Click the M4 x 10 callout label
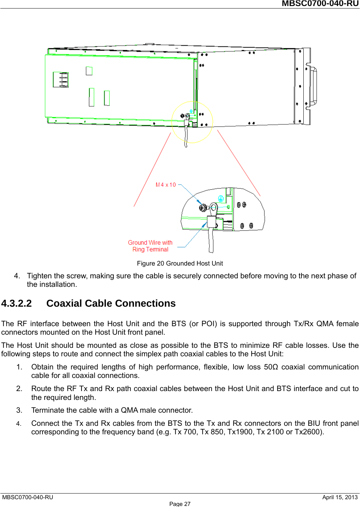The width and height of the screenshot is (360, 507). coord(166,185)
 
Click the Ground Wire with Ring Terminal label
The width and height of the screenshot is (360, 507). coord(150,246)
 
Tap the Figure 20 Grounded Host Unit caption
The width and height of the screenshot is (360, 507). coord(180,263)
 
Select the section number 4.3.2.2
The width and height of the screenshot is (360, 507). coord(16,303)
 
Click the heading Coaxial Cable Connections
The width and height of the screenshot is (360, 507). coord(111,303)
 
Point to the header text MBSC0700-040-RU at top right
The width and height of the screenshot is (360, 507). coord(320,4)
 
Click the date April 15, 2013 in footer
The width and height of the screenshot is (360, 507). coord(340,497)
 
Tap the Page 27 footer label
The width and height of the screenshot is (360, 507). coord(180,504)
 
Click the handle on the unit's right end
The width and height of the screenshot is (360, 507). coord(314,86)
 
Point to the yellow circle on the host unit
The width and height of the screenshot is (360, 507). coord(192,122)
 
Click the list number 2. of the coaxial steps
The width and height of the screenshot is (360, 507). coord(19,389)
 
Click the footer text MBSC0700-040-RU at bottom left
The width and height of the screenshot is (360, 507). coord(28,497)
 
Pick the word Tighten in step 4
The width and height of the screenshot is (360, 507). coord(39,276)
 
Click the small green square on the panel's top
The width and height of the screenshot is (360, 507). coord(89,71)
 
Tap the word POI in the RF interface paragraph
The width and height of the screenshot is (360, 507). coord(208,324)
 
